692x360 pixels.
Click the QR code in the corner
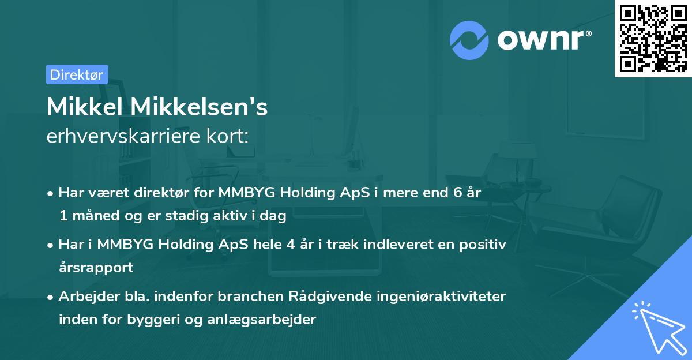pos(653,38)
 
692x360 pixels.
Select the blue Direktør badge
pos(77,74)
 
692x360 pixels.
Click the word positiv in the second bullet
pos(483,245)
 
